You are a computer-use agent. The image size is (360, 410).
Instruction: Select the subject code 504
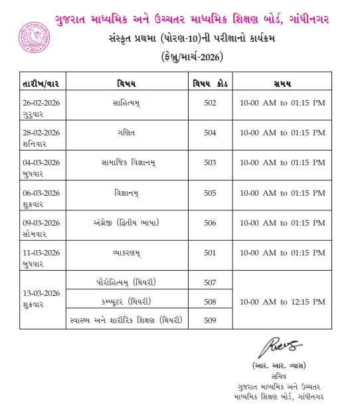(211, 133)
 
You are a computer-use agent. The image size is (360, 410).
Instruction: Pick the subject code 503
(211, 162)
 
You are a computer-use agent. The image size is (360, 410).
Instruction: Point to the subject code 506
(211, 222)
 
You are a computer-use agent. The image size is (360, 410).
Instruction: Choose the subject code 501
(211, 253)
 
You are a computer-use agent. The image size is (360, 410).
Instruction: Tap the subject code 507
(211, 282)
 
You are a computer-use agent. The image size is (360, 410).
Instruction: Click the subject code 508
(211, 302)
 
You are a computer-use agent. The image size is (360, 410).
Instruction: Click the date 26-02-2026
(41, 101)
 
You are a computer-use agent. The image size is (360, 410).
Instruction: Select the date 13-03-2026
(41, 294)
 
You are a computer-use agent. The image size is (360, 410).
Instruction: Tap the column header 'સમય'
(284, 84)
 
